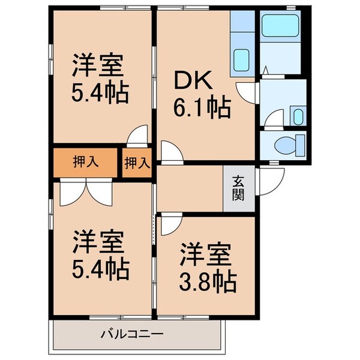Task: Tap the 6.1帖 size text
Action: tap(204, 109)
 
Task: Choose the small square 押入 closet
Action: tap(137, 161)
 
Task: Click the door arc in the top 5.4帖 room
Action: tap(139, 134)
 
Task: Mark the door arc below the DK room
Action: tap(170, 153)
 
